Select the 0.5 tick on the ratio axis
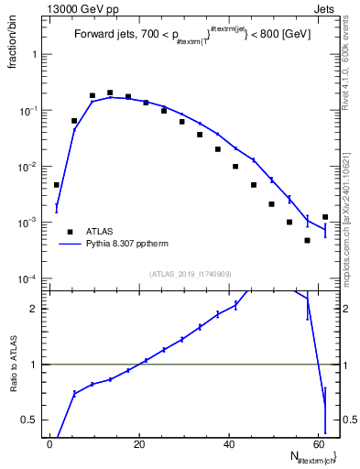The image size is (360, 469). (x=33, y=420)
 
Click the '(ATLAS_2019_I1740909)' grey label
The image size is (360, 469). (x=190, y=273)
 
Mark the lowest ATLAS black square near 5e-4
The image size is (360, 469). (x=308, y=240)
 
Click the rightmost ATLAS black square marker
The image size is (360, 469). (x=325, y=217)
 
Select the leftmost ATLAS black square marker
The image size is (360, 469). (x=57, y=185)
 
